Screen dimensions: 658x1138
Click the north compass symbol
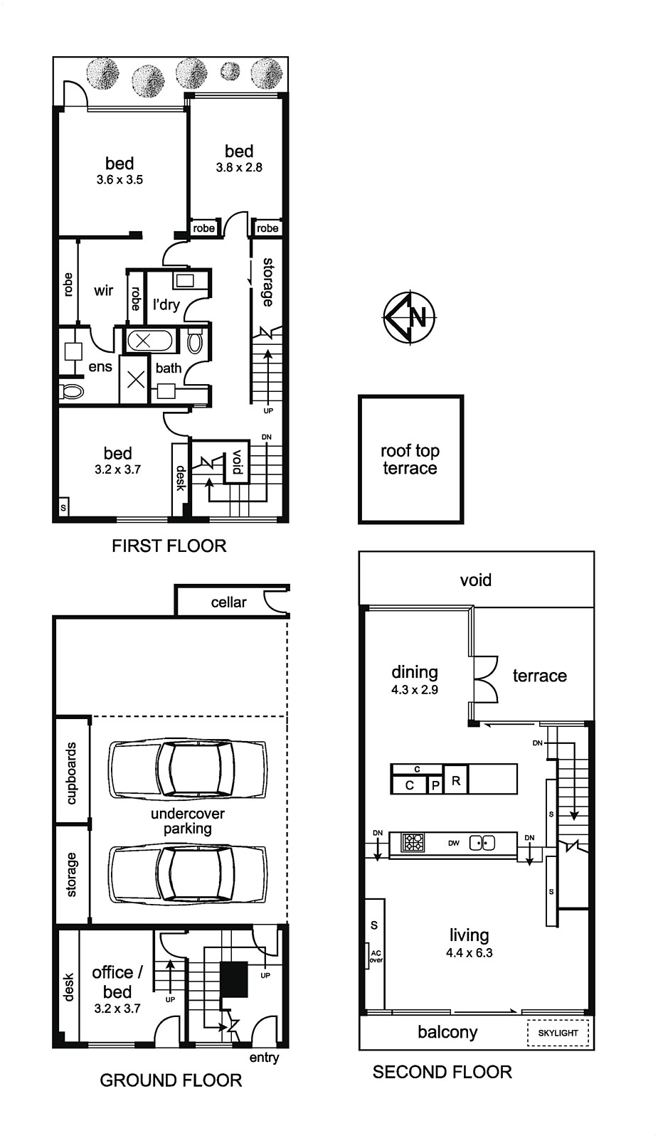[409, 317]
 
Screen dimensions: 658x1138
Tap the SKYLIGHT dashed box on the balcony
[558, 1032]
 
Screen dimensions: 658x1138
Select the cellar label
[228, 602]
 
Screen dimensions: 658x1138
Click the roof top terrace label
[410, 459]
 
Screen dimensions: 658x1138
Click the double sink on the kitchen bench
[482, 843]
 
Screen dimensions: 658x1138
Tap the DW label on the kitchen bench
[454, 844]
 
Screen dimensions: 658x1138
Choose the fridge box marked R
[456, 779]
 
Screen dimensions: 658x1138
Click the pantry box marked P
[435, 785]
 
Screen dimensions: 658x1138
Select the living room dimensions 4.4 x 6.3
[469, 952]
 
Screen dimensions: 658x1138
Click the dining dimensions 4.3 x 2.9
[415, 689]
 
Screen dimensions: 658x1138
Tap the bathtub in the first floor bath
[149, 341]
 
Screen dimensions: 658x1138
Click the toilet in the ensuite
[71, 392]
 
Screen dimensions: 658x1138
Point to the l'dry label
[166, 304]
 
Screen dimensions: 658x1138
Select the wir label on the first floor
[104, 291]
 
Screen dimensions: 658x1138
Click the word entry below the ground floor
[264, 1058]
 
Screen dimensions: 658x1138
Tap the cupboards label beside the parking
[72, 773]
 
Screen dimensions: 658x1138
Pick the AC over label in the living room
[376, 957]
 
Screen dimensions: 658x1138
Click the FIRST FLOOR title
[169, 546]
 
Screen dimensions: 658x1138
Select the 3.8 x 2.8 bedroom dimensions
[239, 167]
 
